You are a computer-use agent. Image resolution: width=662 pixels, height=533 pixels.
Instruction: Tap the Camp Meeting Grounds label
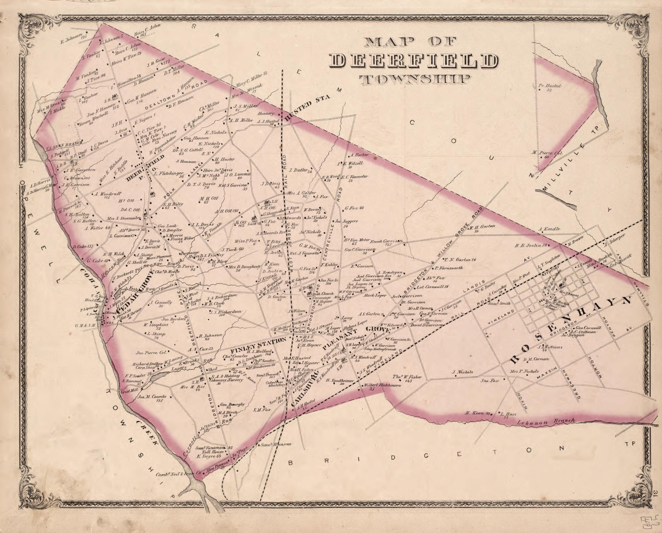point(380,349)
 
